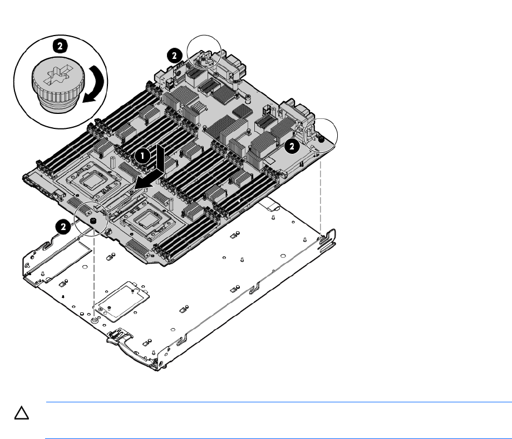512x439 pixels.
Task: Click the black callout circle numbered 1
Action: (142, 156)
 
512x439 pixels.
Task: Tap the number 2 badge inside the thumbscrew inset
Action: (60, 46)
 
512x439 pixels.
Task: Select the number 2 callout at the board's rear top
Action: (174, 56)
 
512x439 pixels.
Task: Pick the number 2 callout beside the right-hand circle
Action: (292, 146)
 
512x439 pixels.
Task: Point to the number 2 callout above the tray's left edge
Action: (63, 226)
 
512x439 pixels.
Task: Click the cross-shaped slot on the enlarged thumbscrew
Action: (58, 74)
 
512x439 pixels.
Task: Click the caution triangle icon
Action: (22, 413)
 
